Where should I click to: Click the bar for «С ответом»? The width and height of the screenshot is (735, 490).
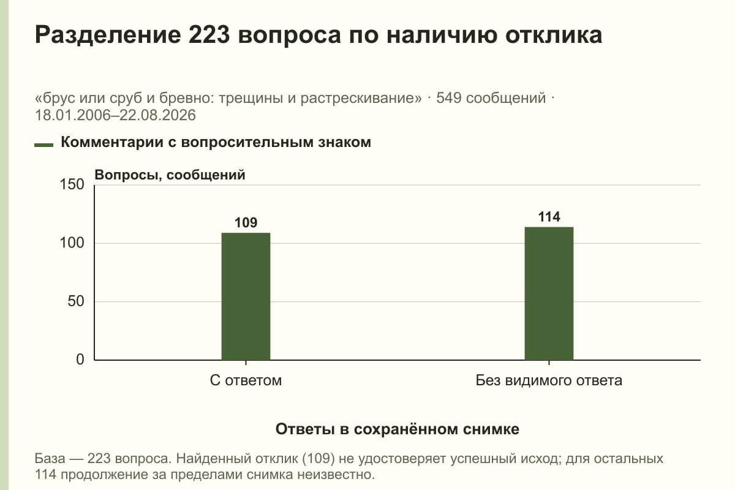(246, 296)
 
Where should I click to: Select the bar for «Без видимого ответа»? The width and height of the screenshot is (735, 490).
(549, 293)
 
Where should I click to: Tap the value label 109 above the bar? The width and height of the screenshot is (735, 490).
(246, 223)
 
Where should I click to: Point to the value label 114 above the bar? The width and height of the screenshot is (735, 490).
(549, 217)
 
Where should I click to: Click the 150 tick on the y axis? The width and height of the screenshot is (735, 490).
(72, 184)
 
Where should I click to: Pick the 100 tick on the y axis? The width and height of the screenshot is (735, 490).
(72, 243)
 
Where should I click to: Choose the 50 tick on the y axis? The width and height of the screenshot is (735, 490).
(76, 301)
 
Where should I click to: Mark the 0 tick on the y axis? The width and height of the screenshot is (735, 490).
(80, 360)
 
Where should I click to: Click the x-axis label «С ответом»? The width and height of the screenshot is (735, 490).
(246, 380)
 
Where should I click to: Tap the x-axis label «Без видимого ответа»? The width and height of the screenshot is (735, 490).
(549, 380)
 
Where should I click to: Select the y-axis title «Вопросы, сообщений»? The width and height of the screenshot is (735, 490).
(170, 175)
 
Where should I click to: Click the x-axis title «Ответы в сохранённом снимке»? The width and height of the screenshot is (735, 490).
(398, 429)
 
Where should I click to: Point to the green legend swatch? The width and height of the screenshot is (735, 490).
(43, 145)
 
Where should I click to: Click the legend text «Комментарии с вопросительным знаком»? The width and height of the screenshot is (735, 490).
(216, 143)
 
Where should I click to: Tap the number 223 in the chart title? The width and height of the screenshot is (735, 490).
(209, 35)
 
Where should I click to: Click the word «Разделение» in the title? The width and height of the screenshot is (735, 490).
(108, 36)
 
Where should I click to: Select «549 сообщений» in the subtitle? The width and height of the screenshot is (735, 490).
(491, 98)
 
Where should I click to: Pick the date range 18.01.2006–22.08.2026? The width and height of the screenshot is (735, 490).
(115, 115)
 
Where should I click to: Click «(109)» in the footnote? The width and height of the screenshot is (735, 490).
(318, 459)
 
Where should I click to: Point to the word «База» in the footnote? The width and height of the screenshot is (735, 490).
(50, 459)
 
